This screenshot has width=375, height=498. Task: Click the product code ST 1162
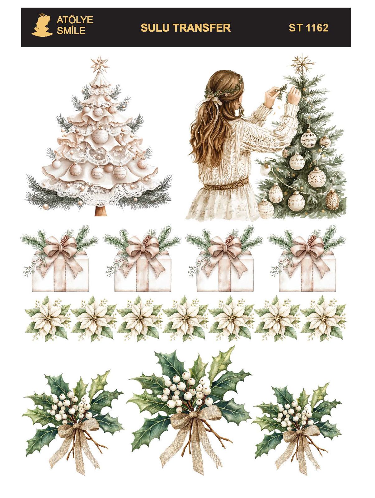308,28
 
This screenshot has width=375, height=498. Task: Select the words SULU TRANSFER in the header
185,28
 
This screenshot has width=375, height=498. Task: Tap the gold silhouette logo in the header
42,25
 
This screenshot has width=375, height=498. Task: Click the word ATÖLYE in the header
75,20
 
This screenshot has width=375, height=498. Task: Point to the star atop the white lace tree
100,65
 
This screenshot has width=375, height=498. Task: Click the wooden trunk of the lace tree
101,211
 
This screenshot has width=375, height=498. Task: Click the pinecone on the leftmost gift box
64,240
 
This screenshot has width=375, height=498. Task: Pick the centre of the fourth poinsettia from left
185,318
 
